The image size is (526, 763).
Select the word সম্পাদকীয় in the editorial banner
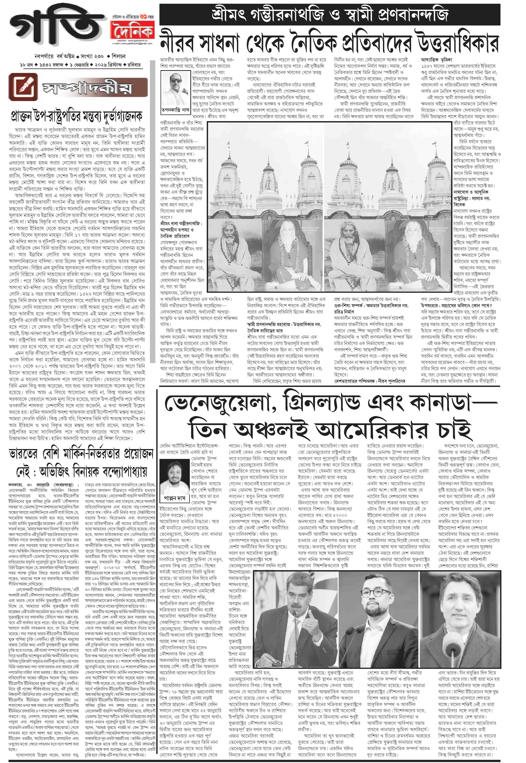coord(87,88)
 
